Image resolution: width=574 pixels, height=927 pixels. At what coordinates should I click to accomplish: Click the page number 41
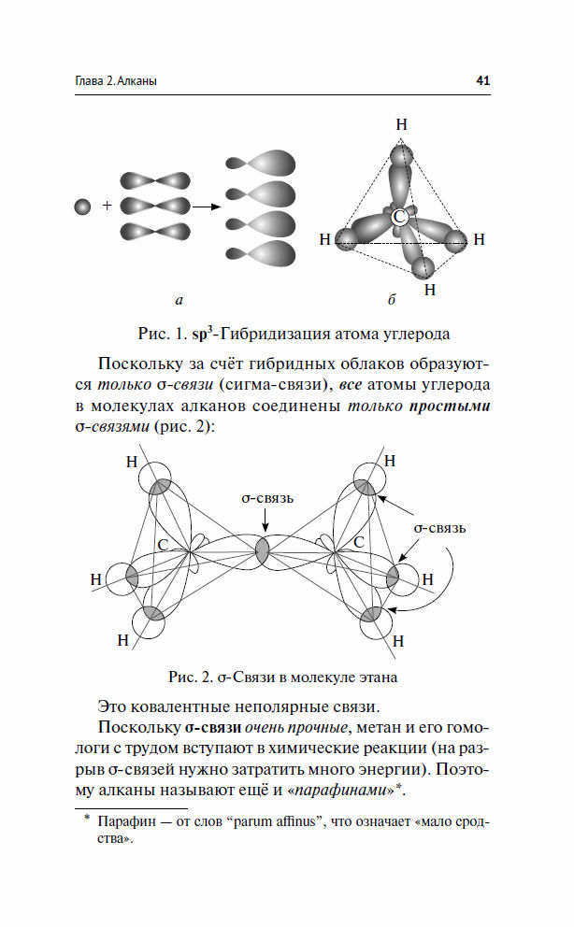[483, 80]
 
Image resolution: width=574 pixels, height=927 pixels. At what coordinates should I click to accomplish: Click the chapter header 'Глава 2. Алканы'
[117, 81]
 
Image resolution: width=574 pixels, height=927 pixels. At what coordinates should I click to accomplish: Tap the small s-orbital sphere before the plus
[83, 207]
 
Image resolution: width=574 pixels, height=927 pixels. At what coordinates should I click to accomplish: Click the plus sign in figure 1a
[107, 206]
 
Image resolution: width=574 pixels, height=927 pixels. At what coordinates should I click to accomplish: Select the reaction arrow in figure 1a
[207, 207]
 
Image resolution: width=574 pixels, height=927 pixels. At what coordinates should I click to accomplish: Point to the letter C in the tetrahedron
[399, 217]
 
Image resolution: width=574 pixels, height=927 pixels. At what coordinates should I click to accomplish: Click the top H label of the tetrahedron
[401, 124]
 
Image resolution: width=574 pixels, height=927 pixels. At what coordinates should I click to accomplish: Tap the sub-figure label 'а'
[179, 300]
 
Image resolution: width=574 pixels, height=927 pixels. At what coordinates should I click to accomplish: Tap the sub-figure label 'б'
[392, 300]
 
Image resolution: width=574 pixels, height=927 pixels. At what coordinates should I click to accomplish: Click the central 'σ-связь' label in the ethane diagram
[267, 498]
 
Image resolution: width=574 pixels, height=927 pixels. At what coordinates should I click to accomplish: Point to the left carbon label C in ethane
[164, 545]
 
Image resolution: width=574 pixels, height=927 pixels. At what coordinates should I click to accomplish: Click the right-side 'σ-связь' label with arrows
[439, 528]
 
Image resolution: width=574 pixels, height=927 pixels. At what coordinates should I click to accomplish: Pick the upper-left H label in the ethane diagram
[132, 462]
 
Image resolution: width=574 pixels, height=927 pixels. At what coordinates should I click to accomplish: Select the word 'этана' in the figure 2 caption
[378, 677]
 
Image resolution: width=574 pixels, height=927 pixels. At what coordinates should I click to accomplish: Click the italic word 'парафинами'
[340, 791]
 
